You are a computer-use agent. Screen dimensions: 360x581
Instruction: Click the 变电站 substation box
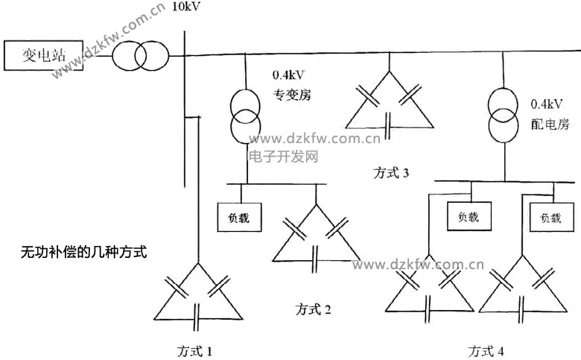tap(42, 55)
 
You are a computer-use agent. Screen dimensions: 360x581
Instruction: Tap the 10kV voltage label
tap(185, 7)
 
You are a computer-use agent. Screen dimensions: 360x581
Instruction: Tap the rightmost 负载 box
tap(550, 218)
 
